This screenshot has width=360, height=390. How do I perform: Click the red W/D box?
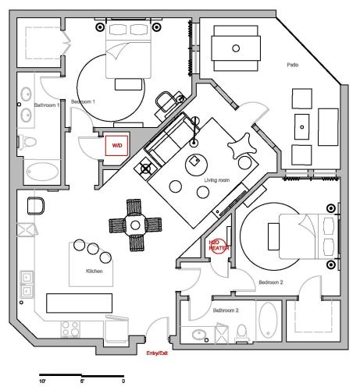pyautogui.click(x=116, y=146)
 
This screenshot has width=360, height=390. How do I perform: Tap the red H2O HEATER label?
pyautogui.click(x=219, y=246)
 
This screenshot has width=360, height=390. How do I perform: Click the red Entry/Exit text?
pyautogui.click(x=157, y=353)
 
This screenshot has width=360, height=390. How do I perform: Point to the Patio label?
pyautogui.click(x=293, y=65)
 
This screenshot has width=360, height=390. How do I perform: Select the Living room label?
pyautogui.click(x=217, y=180)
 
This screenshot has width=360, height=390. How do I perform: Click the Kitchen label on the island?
pyautogui.click(x=94, y=271)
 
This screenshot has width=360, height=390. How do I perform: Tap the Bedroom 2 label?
pyautogui.click(x=271, y=282)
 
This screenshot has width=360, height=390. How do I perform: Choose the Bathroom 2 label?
pyautogui.click(x=226, y=310)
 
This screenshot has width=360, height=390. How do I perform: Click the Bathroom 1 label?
pyautogui.click(x=47, y=105)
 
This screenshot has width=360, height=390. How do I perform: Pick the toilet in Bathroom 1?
pyautogui.click(x=28, y=142)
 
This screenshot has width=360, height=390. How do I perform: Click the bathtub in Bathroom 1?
pyautogui.click(x=42, y=172)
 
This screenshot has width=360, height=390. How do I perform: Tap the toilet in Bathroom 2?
pyautogui.click(x=242, y=333)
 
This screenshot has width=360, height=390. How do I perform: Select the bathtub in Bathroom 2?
pyautogui.click(x=269, y=321)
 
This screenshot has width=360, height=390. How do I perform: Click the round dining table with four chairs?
pyautogui.click(x=135, y=225)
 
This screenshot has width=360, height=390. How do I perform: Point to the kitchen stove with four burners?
pyautogui.click(x=70, y=329)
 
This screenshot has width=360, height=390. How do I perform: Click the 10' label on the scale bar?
pyautogui.click(x=42, y=381)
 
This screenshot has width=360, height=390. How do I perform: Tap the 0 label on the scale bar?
pyautogui.click(x=123, y=381)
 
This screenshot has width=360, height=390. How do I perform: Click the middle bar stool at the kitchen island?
pyautogui.click(x=93, y=249)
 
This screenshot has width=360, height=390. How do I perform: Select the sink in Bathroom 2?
pyautogui.click(x=199, y=335)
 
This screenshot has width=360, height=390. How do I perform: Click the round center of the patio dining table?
pyautogui.click(x=236, y=48)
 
